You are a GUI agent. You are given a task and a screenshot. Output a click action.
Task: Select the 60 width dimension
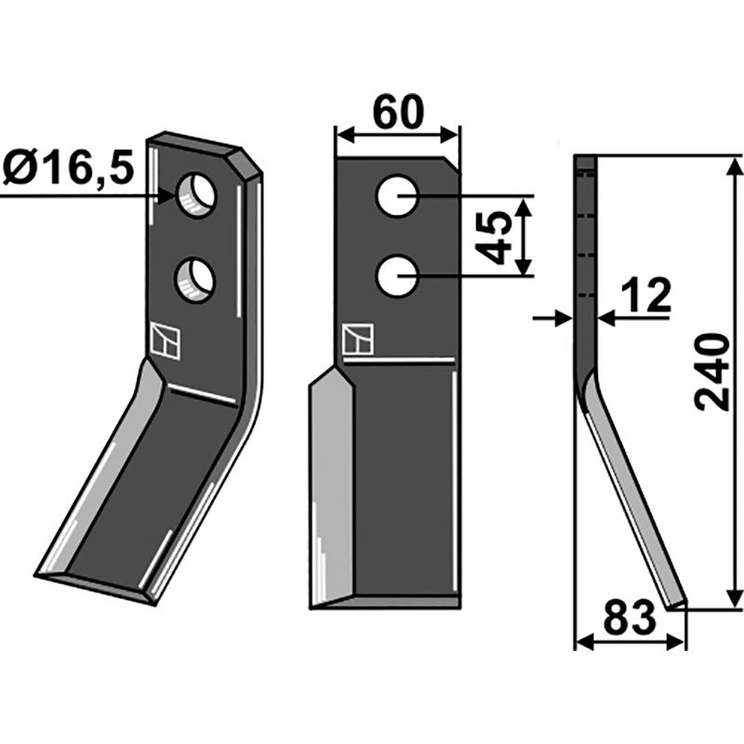(x=398, y=113)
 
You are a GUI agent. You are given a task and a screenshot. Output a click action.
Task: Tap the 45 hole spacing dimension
(x=497, y=236)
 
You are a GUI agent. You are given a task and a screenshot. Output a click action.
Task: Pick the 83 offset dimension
(x=630, y=620)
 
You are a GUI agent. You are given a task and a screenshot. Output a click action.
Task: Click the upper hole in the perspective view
(x=197, y=194)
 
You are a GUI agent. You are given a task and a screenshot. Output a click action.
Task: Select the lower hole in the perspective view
(x=194, y=279)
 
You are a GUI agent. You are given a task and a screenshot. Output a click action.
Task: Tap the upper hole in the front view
(x=397, y=197)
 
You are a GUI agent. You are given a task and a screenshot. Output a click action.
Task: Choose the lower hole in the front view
(x=397, y=277)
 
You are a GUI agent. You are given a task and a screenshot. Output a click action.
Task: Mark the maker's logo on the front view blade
(x=357, y=340)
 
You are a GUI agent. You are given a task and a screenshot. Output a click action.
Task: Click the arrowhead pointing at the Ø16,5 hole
(x=167, y=196)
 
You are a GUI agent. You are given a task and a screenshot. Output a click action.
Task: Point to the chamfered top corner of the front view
(x=452, y=164)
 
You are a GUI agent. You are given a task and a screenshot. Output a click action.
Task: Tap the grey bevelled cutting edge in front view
(x=330, y=484)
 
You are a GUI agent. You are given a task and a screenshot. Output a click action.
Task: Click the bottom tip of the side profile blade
(x=675, y=604)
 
